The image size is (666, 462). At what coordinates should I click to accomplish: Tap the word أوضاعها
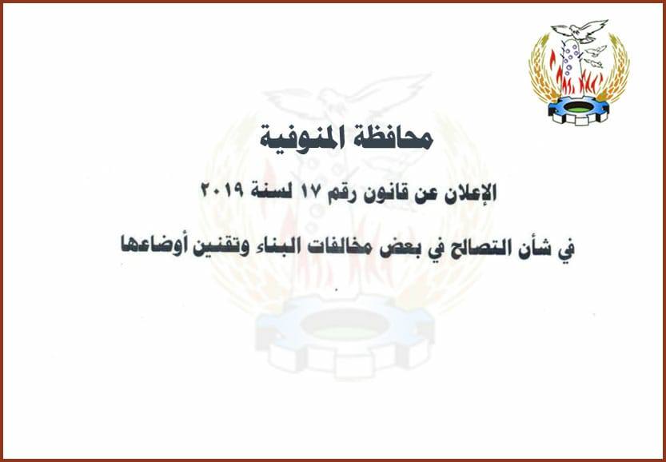point(152,246)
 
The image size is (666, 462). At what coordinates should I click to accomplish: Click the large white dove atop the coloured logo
point(579,31)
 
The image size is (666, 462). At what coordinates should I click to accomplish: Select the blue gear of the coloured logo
point(579,111)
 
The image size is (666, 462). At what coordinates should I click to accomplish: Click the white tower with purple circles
point(572,64)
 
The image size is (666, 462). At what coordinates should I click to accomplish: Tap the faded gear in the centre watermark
point(344,336)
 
